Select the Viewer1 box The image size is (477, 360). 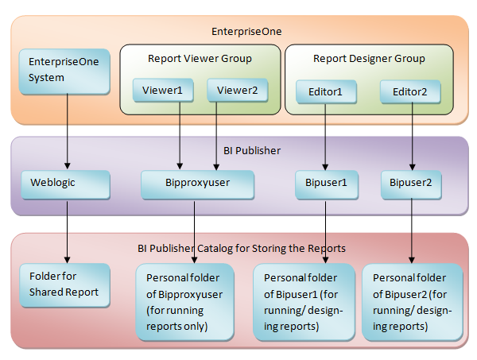click(162, 91)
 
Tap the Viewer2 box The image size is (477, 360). click(237, 91)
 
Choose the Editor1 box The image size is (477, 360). click(325, 91)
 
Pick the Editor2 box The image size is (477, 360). click(410, 91)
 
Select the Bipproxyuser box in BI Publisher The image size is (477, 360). click(196, 184)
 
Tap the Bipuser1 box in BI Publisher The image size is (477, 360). click(326, 184)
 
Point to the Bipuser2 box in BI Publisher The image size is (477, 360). click(410, 184)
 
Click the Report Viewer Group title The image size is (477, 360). click(200, 58)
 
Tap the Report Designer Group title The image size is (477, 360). click(369, 58)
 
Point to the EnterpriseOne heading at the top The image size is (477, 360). click(247, 32)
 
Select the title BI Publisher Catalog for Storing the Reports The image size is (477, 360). click(242, 248)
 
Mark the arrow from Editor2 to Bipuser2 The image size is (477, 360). click(411, 135)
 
